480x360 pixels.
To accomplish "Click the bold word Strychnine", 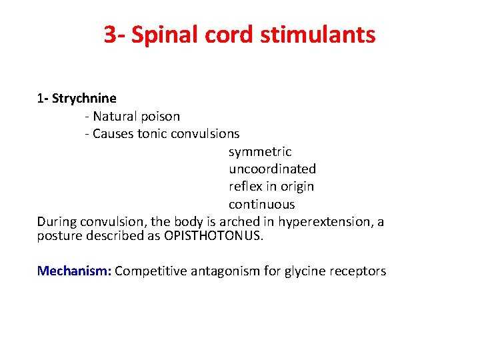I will tap(84, 99).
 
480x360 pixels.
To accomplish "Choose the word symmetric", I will tap(260, 152).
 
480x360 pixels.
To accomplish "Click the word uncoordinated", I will tap(272, 169).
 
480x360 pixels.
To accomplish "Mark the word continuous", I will tap(261, 204).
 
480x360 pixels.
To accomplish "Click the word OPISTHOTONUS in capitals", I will tap(211, 235).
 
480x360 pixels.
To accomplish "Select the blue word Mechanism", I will tap(74, 271).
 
